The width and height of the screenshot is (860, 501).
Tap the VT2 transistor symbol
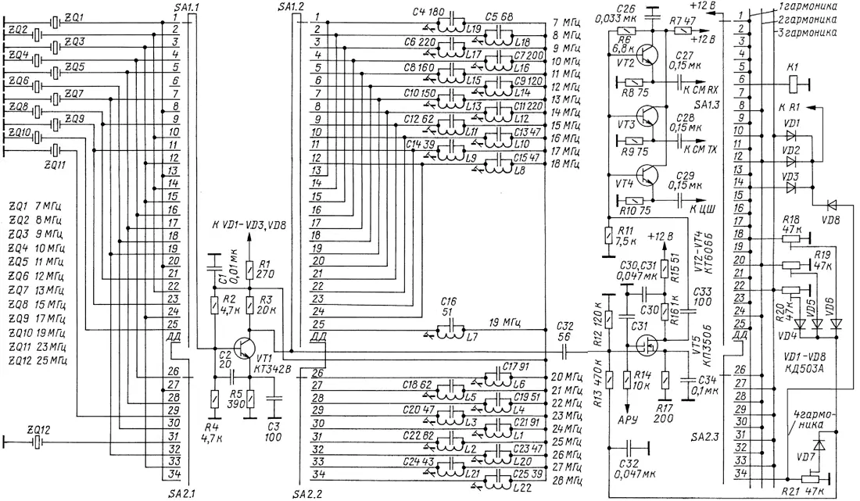point(648,54)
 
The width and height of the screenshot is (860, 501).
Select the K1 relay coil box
point(794,80)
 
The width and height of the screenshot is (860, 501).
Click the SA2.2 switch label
point(306,494)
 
